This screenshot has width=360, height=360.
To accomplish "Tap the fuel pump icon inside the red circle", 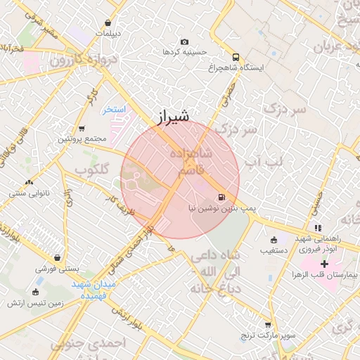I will tap(222, 198).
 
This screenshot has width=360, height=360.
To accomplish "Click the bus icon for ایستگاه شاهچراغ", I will tap(236, 57).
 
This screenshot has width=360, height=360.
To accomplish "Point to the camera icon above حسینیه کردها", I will tap(184, 42).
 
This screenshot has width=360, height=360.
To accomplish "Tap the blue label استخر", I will tap(112, 110).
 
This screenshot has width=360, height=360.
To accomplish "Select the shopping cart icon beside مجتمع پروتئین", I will tap(82, 129).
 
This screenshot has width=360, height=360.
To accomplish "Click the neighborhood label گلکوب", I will tap(91, 170).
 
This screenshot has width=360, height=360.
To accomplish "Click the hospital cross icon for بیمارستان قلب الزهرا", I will tap(324, 263).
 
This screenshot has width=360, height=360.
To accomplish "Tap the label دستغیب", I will tap(274, 250).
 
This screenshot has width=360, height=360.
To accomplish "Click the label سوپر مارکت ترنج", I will tap(268, 336).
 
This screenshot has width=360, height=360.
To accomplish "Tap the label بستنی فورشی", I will tap(56, 268).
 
